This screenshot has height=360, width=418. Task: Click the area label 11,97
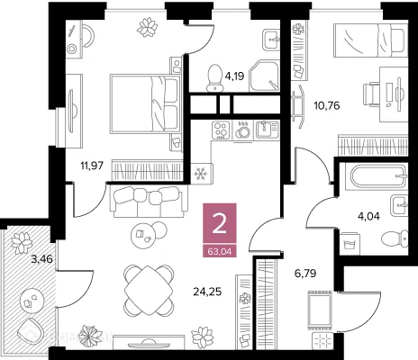pos(92,166)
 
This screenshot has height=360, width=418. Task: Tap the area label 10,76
pos(327,105)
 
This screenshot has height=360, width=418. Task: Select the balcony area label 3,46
pos(42,258)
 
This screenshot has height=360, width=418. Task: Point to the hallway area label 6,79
pos(305,274)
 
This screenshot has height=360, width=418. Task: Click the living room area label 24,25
pos(207,292)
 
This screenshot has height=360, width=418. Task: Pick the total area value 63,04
pos(220,251)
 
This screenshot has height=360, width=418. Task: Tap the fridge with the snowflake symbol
pos(202,173)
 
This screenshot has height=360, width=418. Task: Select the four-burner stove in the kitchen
pos(221,130)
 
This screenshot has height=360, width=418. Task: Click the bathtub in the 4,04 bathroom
pos(377,176)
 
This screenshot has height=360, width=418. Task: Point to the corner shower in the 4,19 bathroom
pos(265,76)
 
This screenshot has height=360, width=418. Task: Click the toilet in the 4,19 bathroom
pos(214,77)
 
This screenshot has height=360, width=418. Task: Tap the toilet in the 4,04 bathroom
pos(395,239)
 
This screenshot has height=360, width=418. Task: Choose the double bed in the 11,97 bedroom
pos(146,103)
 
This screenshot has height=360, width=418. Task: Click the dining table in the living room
pos(149,291)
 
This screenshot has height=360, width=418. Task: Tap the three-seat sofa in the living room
pos(148,202)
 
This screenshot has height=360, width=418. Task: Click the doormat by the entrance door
pos(320,310)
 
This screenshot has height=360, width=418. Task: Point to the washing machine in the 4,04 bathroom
pos(350,244)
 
